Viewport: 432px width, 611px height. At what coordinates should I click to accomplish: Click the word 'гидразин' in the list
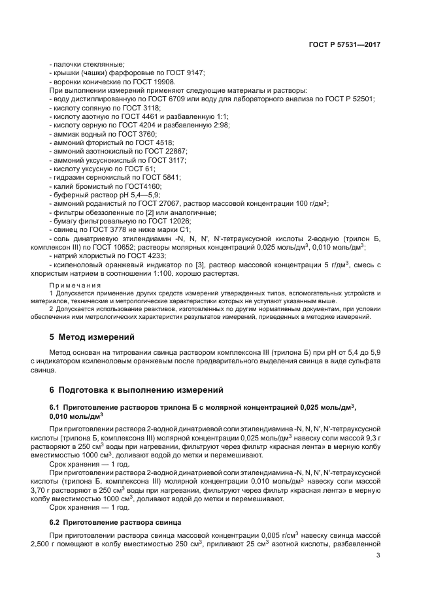[x=69, y=177]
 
